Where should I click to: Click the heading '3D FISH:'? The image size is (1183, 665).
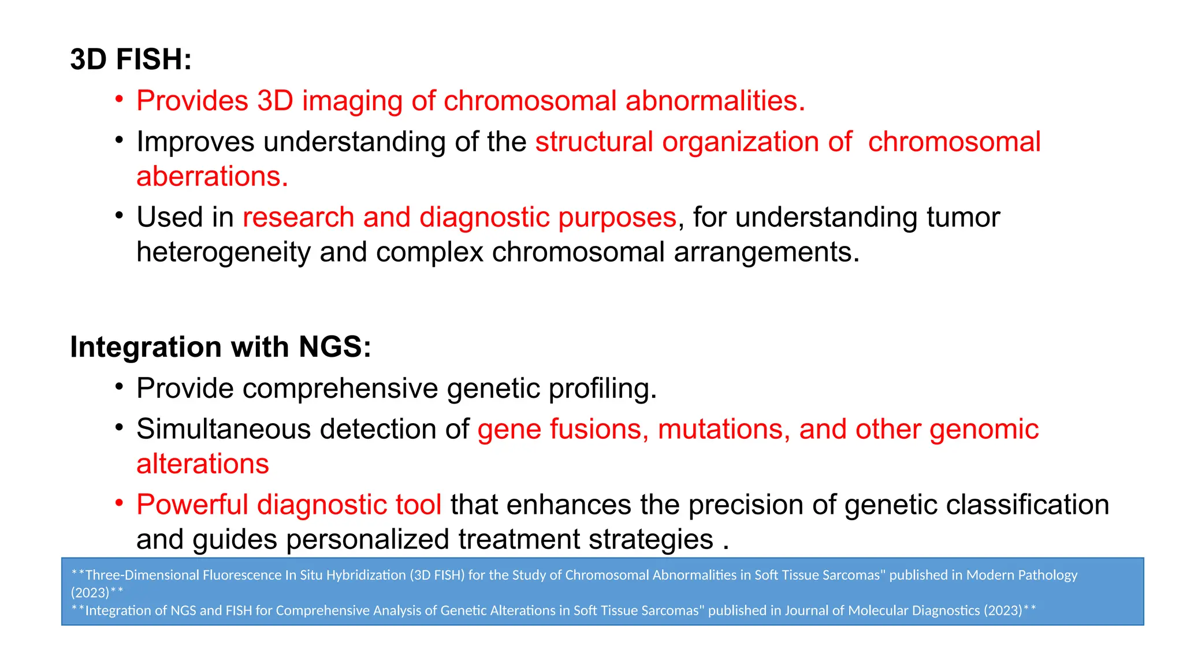point(131,59)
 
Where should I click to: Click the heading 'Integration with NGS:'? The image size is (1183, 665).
point(220,347)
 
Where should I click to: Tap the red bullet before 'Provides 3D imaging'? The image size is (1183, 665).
point(119,99)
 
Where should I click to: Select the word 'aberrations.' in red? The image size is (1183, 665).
point(212,176)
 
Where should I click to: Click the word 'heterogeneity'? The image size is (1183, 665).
point(223,252)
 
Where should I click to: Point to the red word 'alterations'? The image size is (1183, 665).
point(203,464)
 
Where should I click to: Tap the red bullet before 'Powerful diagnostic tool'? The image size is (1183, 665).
point(119,503)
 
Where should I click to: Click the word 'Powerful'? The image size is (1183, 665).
point(192,505)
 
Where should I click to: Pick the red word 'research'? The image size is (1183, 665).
point(298,218)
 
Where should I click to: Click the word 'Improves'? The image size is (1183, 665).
point(195,142)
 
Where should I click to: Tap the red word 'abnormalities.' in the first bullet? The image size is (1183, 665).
point(715,101)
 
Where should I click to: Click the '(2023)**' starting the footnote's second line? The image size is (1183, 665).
point(97,592)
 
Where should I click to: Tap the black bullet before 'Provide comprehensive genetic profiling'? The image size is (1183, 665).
point(119,387)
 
